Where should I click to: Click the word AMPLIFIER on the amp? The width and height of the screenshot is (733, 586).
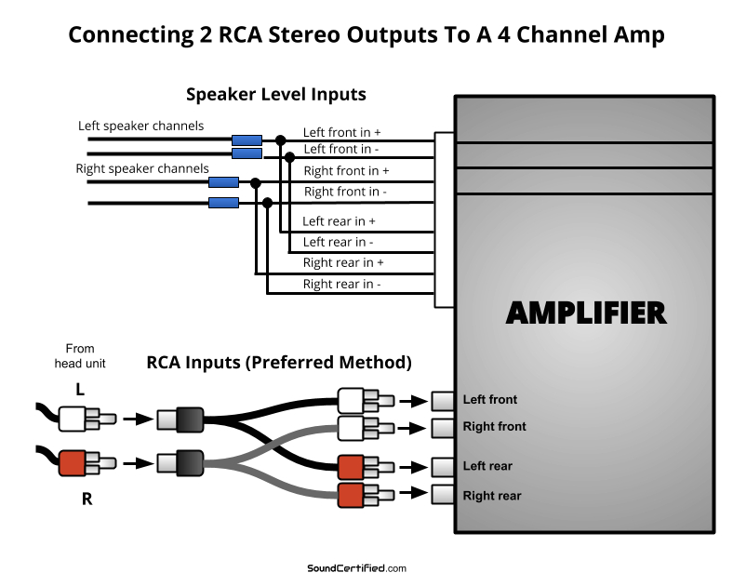[586, 313]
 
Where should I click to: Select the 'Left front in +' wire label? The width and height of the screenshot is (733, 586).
[341, 132]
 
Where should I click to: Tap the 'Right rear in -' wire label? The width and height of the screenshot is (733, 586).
[341, 285]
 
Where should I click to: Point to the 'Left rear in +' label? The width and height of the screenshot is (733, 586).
[339, 221]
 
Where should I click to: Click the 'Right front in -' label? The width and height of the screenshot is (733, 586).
[345, 192]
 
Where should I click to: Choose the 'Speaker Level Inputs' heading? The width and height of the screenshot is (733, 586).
[275, 94]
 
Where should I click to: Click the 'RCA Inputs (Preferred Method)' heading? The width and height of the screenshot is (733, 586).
[279, 362]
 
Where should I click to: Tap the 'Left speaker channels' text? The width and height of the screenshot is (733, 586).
[140, 126]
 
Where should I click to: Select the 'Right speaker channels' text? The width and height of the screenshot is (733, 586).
[142, 168]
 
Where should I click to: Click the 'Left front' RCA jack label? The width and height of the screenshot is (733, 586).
[489, 400]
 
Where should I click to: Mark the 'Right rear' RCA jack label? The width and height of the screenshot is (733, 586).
[492, 496]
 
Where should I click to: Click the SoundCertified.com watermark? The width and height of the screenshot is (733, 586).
[356, 568]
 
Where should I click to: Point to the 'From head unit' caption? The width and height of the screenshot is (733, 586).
[80, 356]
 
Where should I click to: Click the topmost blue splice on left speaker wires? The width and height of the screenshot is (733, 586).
[247, 140]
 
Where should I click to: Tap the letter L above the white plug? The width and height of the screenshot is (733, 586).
[80, 391]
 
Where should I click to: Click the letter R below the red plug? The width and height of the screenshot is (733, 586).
[87, 499]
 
